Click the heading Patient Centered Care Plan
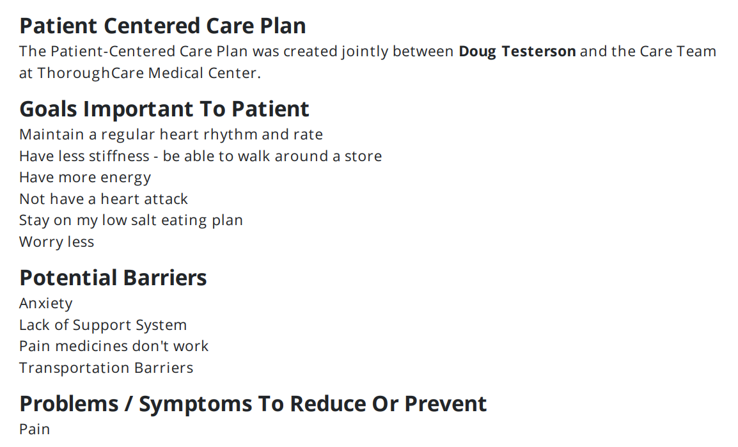pos(162,26)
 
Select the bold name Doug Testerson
pos(517,51)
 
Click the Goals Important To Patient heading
pos(164,109)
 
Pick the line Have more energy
pos(85,178)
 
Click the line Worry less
pos(56,242)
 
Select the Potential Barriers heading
pos(113,278)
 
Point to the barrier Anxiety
pos(45,304)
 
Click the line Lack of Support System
pos(103,325)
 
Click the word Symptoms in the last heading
pos(195,404)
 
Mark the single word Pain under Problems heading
pos(35,429)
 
